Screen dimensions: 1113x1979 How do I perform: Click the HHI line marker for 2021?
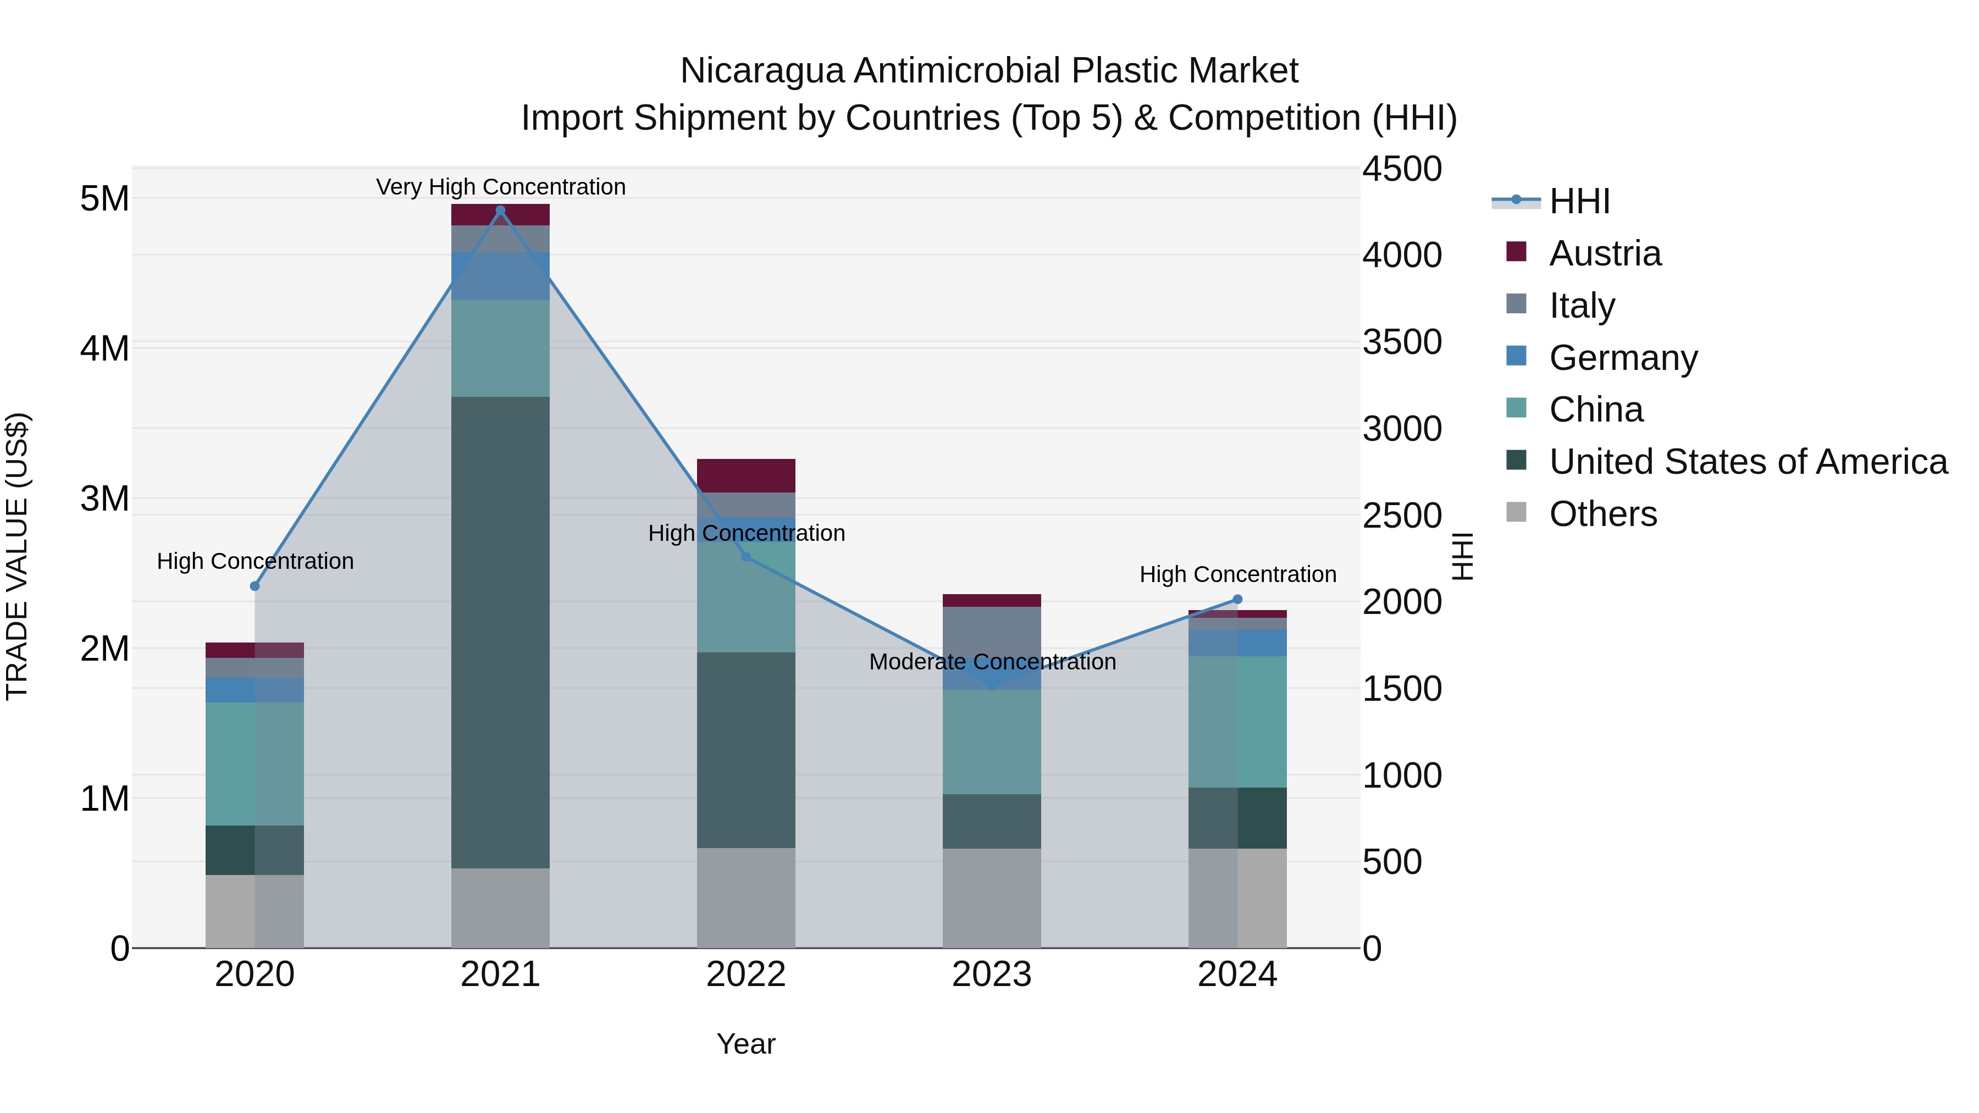point(500,211)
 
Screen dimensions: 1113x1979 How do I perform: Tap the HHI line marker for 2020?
point(255,586)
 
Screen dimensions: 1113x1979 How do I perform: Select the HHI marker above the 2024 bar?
point(1237,599)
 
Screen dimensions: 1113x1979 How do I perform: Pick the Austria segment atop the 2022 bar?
point(745,475)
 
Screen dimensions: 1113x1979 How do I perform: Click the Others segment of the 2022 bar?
point(745,897)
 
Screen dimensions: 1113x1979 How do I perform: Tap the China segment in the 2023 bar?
point(991,741)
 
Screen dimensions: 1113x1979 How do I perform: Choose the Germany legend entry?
point(1623,358)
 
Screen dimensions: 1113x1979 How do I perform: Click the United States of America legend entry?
point(1748,462)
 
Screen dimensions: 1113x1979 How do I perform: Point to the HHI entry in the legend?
point(1579,201)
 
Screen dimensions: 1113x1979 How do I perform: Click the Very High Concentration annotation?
point(501,187)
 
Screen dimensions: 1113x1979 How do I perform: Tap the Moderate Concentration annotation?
point(992,661)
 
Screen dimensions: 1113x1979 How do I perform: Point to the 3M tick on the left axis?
point(104,499)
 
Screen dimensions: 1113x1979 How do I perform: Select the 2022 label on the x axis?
point(745,974)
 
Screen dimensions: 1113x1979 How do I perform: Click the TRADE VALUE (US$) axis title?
point(17,556)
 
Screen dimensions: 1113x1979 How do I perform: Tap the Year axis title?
point(745,1044)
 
